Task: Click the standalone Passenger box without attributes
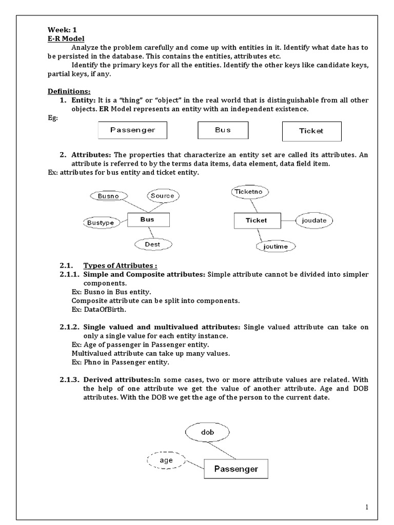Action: pos(133,130)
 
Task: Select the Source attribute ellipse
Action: pos(163,195)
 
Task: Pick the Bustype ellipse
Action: pos(101,223)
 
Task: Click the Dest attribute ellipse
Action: pos(152,244)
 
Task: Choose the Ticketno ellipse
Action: pos(249,192)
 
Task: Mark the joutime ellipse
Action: pos(276,246)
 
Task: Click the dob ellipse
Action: pos(208,433)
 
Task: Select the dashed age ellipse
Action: pos(166,460)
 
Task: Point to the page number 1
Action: pos(367,508)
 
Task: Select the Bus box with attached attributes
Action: pos(147,220)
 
